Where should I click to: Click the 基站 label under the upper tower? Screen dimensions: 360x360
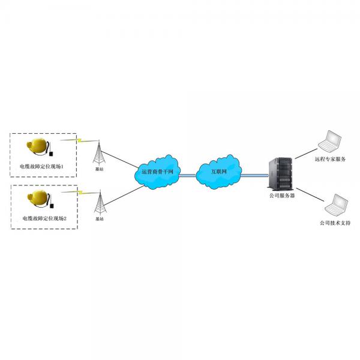pos(99,169)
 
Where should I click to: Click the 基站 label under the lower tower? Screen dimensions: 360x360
pos(99,220)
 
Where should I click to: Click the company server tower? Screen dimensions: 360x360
pos(281,173)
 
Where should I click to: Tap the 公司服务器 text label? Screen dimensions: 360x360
pos(281,195)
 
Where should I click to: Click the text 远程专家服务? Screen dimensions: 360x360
pos(330,160)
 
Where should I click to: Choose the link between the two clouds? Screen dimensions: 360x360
pos(188,175)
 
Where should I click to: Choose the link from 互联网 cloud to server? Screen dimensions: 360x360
pos(255,175)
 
